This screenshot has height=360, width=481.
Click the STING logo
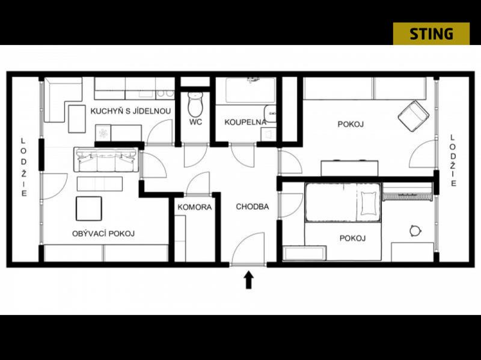[x=431, y=34]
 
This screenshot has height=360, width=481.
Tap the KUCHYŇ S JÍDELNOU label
[x=130, y=111]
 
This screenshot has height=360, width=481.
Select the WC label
[x=195, y=122]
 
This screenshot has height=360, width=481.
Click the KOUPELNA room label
[x=245, y=122]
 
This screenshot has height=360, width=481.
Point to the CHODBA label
[x=252, y=207]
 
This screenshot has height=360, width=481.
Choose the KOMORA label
[x=194, y=207]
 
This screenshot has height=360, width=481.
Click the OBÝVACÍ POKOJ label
[x=103, y=233]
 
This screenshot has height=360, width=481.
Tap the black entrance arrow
[x=248, y=279]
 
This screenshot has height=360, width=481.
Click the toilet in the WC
[x=195, y=103]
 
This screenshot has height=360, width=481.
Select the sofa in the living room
[x=106, y=160]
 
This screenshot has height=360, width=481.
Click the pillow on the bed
[x=368, y=203]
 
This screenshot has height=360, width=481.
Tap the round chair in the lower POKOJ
[x=415, y=231]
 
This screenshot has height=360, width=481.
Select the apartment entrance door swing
[x=248, y=248]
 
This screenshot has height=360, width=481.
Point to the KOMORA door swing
[x=198, y=183]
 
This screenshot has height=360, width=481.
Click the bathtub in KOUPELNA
[x=250, y=91]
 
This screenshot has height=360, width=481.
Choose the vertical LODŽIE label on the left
[x=23, y=167]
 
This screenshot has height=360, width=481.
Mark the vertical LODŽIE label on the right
[x=453, y=160]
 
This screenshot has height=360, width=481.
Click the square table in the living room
[x=88, y=209]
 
